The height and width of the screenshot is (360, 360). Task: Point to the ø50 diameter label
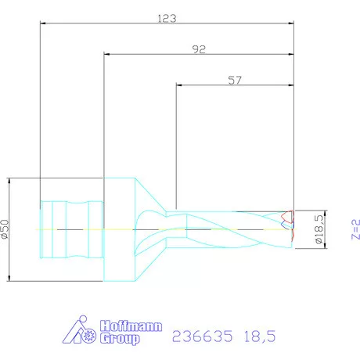(x=6, y=229)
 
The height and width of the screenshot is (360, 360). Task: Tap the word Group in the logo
(x=121, y=339)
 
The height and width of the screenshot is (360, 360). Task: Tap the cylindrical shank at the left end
(x=70, y=229)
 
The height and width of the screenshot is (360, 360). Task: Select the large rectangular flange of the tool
(x=120, y=229)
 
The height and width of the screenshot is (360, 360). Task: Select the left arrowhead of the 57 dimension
(x=179, y=85)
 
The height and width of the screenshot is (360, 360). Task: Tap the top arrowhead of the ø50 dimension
(x=9, y=181)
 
